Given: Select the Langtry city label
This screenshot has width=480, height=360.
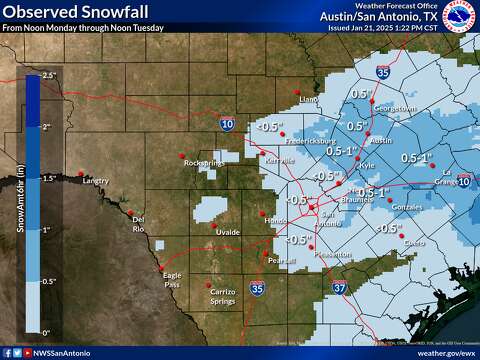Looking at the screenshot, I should tap(95, 181).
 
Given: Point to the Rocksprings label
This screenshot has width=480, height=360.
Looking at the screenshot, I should tap(204, 162).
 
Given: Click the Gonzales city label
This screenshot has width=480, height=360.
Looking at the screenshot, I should tap(407, 206).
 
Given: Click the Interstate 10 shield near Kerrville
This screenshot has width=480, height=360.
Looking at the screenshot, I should tap(229, 124).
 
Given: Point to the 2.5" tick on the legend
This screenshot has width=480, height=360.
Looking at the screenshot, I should tap(47, 76).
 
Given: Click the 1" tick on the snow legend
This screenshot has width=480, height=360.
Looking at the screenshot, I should tap(47, 229).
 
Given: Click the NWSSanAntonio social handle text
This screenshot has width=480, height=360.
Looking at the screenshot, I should tap(61, 353).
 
